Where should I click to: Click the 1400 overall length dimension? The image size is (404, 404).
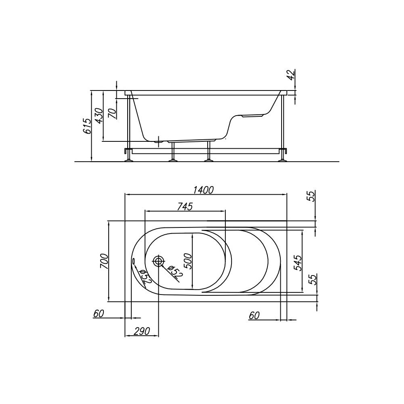203,190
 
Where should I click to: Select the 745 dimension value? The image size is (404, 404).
185,206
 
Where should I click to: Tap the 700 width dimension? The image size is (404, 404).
104,261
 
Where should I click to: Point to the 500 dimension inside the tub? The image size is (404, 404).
189,261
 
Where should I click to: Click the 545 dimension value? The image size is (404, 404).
298,263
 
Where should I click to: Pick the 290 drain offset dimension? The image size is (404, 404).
141,331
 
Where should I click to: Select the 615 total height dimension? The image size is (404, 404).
88,126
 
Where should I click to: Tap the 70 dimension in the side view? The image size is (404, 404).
113,113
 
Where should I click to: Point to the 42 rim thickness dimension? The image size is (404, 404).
291,75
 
